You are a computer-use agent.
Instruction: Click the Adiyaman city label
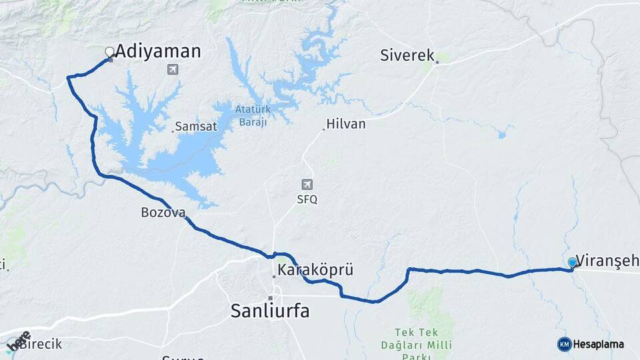click(158, 51)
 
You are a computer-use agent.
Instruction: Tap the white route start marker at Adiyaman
click(109, 51)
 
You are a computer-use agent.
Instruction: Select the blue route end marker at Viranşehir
click(572, 263)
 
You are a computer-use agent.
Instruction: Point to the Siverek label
click(407, 55)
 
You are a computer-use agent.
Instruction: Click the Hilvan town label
click(346, 124)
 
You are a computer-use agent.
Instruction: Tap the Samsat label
click(193, 126)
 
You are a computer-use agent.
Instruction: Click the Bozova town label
click(157, 213)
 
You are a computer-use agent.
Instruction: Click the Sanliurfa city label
click(270, 310)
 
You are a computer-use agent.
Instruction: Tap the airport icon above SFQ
click(307, 185)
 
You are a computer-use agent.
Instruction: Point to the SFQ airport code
click(307, 199)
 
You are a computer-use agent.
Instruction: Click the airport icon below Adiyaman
click(174, 69)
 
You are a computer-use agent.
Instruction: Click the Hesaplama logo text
click(599, 344)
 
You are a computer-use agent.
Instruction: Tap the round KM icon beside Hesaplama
click(564, 344)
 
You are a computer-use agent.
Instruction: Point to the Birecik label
click(40, 344)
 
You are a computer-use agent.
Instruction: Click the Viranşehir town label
click(607, 260)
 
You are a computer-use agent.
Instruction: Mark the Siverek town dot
click(437, 63)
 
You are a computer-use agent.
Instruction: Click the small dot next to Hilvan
click(324, 129)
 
